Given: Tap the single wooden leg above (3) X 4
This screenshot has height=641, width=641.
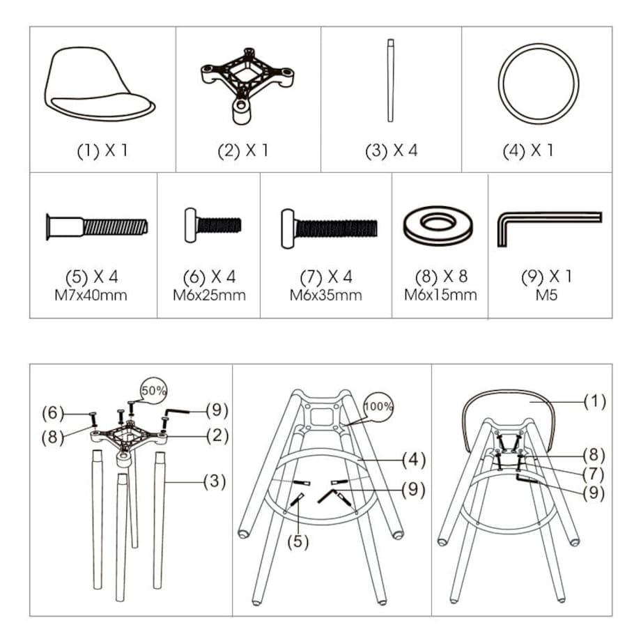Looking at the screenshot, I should coord(391,80).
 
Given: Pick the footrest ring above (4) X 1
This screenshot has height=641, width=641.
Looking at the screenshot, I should coord(538,84).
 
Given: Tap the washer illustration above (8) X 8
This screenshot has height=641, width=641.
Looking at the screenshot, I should coord(440,224).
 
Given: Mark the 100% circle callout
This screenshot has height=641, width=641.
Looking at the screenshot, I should coord(379,405).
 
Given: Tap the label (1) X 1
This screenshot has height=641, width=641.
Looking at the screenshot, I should coord(102,150).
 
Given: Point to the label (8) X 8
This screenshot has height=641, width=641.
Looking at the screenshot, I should coord(440,277).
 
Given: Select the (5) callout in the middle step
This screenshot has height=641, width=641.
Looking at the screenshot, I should coord(298,540).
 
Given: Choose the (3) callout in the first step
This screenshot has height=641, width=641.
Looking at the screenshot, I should coord(215,481).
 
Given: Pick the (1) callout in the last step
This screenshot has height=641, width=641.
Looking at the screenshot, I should coord(594,401).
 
